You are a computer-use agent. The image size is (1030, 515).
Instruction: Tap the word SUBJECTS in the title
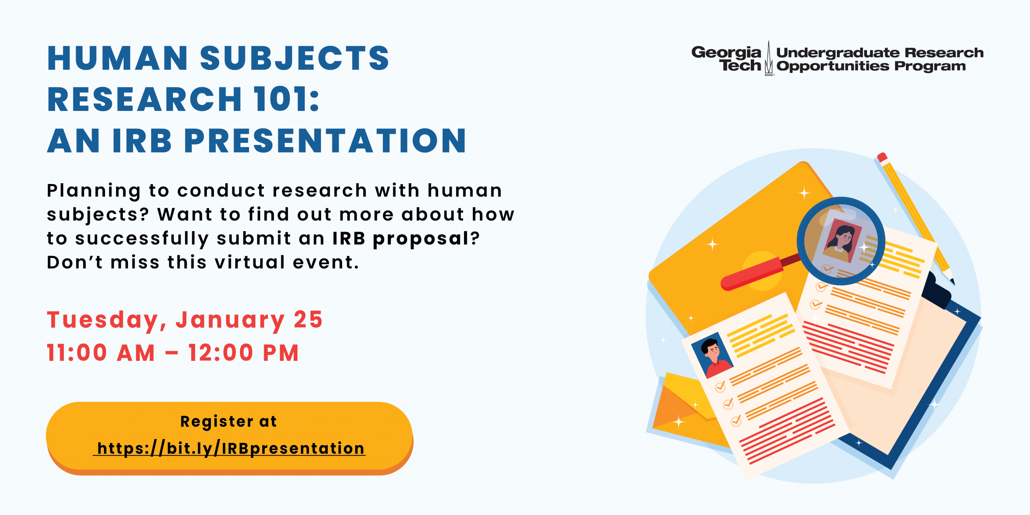click(295, 58)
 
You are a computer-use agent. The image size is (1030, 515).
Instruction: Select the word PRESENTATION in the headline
click(325, 141)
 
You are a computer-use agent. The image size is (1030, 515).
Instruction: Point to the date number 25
click(308, 320)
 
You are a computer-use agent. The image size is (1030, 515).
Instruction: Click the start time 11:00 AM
click(101, 353)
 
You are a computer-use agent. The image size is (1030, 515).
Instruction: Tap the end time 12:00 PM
click(243, 353)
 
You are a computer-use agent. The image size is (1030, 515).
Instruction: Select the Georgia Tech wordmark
click(726, 58)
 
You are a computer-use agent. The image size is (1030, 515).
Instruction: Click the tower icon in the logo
click(768, 58)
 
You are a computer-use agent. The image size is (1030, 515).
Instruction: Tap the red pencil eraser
click(882, 157)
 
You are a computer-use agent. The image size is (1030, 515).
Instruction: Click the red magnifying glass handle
click(752, 274)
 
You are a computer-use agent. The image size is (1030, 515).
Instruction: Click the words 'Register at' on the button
click(228, 421)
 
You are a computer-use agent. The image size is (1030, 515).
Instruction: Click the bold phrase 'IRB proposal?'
click(406, 239)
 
